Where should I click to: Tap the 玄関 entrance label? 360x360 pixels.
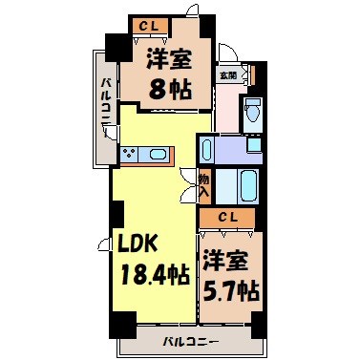[x=228, y=75]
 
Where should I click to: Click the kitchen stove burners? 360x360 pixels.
[x=131, y=153]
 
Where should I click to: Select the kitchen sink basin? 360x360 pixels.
[x=156, y=153]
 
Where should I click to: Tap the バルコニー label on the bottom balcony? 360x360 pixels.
[x=190, y=341]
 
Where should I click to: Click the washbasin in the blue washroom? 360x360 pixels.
[x=253, y=146]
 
